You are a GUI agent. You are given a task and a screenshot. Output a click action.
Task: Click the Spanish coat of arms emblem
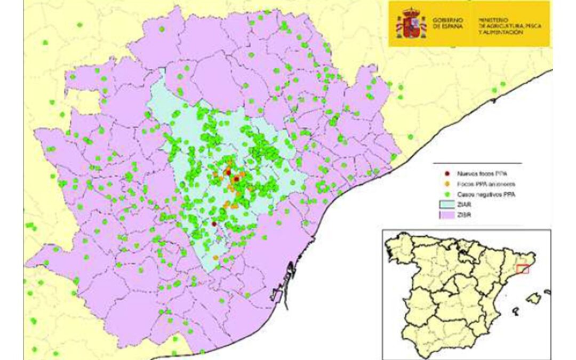tap(411, 23)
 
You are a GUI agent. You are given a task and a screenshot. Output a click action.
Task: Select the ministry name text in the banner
tap(500, 25)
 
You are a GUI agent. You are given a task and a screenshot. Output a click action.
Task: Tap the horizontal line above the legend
tap(477, 163)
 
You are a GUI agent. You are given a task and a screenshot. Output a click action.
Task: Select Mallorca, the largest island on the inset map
tap(533, 298)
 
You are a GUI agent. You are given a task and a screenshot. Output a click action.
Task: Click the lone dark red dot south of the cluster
tap(214, 224)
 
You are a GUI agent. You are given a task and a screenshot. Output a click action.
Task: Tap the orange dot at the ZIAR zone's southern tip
tap(215, 258)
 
